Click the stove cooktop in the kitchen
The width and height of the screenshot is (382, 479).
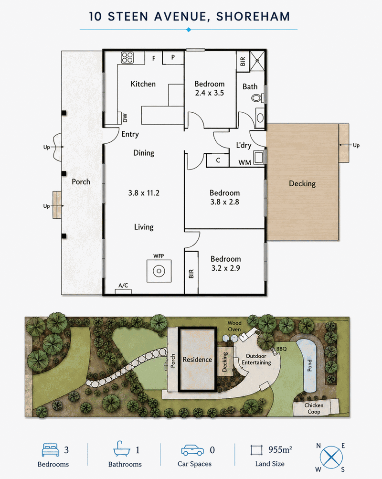point(127,57)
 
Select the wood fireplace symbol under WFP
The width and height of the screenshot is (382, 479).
point(159,271)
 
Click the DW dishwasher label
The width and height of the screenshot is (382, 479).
point(125,118)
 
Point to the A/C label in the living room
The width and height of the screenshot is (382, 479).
point(123,285)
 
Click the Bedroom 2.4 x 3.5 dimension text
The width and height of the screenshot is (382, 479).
point(210,93)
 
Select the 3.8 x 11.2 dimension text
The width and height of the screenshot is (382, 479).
point(144,193)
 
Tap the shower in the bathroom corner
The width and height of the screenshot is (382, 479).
point(257,61)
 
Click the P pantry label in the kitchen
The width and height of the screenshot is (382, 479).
point(173,57)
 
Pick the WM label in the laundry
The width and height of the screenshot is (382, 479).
point(244,162)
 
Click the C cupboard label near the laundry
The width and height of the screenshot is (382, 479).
point(218,160)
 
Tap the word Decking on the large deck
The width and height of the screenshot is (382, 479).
point(302,183)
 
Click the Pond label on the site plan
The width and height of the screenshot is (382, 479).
point(309,365)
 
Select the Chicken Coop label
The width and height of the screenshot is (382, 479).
point(314,408)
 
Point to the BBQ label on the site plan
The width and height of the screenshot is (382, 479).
point(282,349)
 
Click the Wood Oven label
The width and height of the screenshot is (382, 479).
point(234,326)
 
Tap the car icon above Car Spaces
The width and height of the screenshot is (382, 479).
point(192,450)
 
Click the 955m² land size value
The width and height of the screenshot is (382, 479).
point(280,449)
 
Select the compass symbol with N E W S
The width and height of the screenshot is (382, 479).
point(331,458)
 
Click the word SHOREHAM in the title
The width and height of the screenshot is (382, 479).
point(253,17)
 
